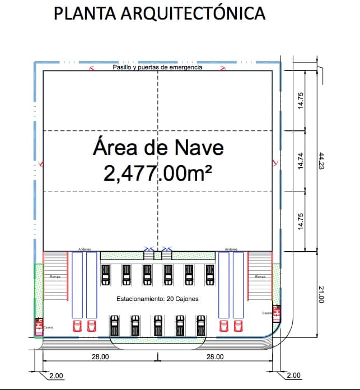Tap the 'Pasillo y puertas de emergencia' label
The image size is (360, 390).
[x=157, y=67]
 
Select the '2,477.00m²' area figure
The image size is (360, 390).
[x=158, y=173]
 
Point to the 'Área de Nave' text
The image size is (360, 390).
[x=158, y=148]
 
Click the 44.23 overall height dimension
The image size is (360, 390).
[x=321, y=161]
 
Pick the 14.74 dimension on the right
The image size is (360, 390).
[x=301, y=161]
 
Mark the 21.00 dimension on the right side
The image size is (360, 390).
[x=321, y=294]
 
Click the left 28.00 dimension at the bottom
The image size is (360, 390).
[x=100, y=356]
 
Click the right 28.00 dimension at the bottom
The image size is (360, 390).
[x=214, y=356]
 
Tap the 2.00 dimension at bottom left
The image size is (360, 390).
[x=56, y=375]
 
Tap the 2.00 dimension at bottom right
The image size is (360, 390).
[x=293, y=375]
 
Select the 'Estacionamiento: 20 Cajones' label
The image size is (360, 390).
[x=157, y=299]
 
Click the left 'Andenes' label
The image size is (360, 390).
[x=85, y=250]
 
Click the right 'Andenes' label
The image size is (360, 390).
[x=231, y=250]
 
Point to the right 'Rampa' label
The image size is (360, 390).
[x=260, y=277]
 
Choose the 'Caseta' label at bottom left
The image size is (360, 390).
[x=49, y=327]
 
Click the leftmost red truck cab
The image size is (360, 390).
[x=77, y=326]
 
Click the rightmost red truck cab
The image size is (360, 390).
[x=239, y=326]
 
